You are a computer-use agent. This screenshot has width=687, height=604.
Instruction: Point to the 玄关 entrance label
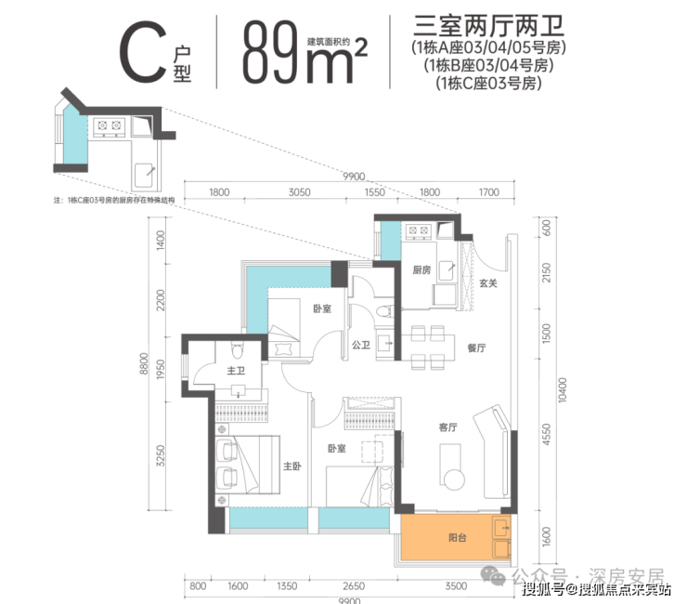pos(488,283)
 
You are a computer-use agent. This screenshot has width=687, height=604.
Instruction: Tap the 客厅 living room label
pos(450,428)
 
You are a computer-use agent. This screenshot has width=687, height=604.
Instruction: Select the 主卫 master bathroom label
pos(235,373)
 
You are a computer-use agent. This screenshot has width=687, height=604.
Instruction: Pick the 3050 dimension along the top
pos(298,193)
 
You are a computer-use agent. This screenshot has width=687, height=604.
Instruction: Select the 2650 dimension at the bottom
pos(351,586)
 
